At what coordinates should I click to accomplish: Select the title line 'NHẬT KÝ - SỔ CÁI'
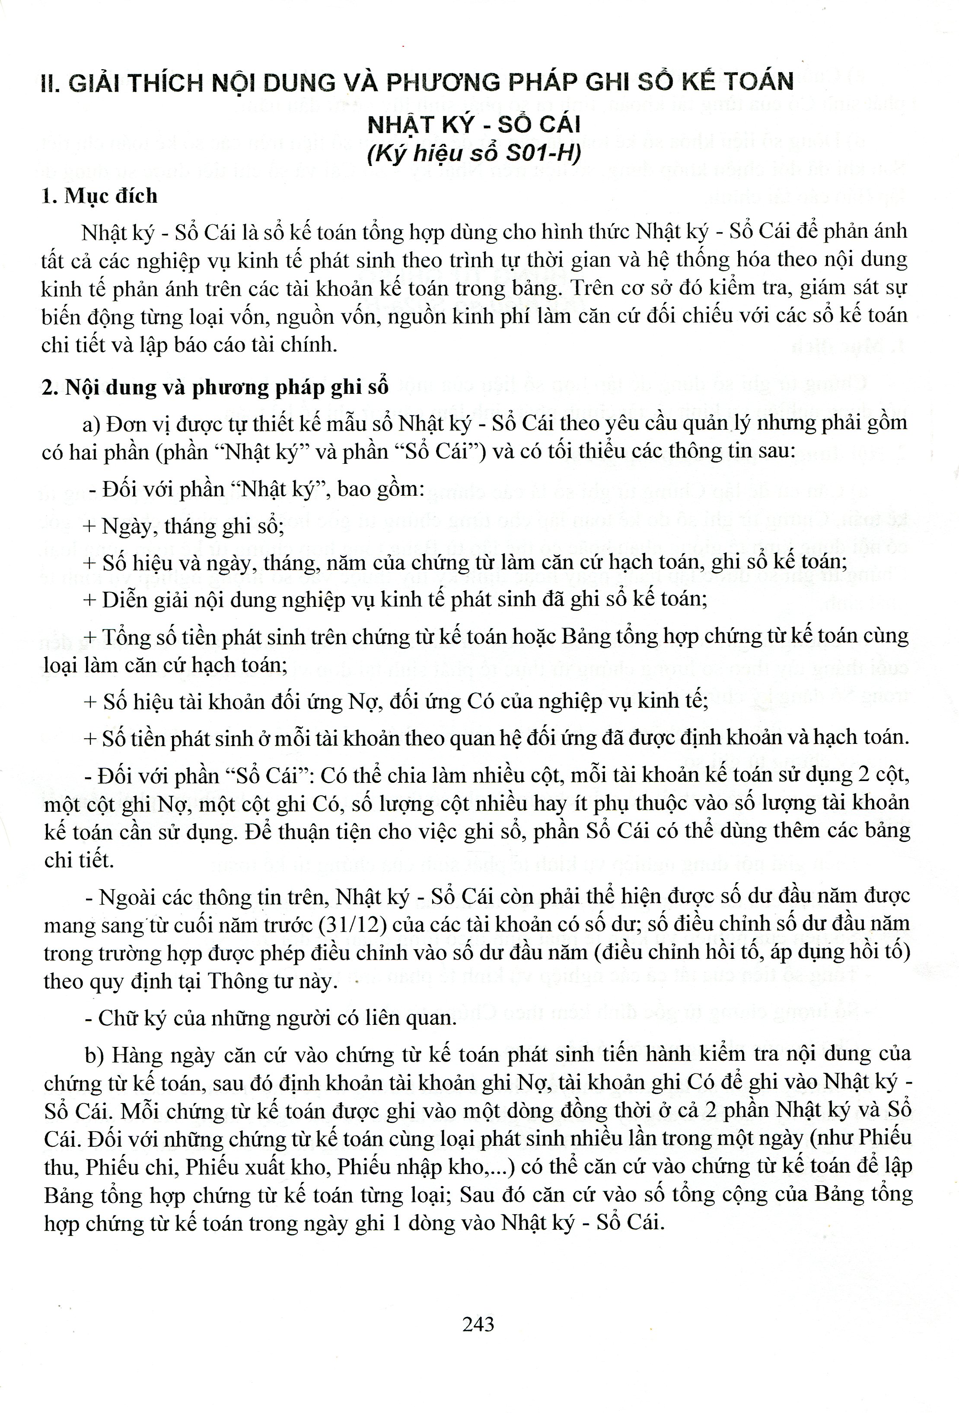475,124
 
